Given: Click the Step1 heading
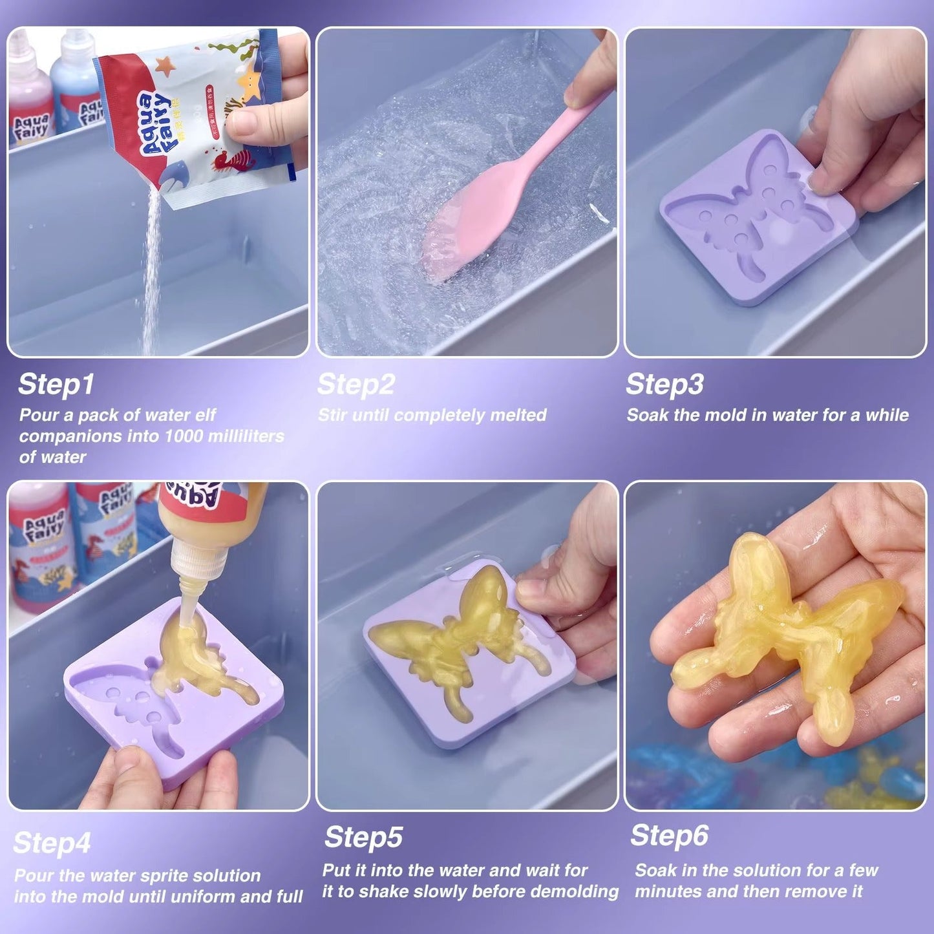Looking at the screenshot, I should point(56,384).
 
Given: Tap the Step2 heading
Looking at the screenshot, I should point(356,384).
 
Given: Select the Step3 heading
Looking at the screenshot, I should point(664,384).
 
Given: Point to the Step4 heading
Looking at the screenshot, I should point(52,843).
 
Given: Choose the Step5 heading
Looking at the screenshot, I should point(363,837).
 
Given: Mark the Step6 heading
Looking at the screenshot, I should point(670,835).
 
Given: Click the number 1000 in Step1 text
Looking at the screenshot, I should point(185,436).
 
